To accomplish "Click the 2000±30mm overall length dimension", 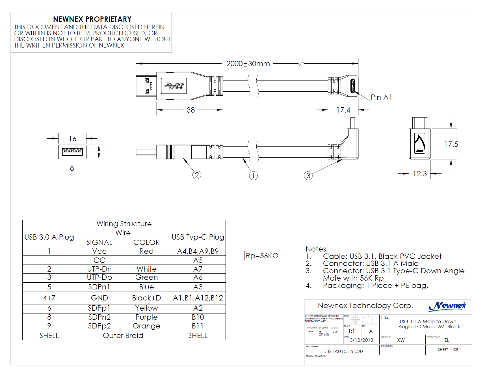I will click(248, 64).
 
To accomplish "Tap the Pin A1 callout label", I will click(381, 97).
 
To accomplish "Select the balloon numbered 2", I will click(197, 175).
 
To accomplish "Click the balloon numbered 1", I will click(253, 176).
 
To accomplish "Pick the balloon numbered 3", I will click(308, 176).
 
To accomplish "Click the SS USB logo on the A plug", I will click(174, 86).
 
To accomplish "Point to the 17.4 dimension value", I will click(343, 110).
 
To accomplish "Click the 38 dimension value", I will click(191, 110).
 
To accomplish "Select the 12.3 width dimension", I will click(420, 174).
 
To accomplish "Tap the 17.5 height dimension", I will click(451, 144).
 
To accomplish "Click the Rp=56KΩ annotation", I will click(262, 256).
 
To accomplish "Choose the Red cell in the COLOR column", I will click(146, 251).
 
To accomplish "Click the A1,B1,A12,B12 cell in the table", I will click(198, 298).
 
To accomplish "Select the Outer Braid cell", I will click(123, 336).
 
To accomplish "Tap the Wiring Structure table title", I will click(124, 224).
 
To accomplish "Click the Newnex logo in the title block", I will click(447, 306).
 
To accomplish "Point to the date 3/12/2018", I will click(361, 340).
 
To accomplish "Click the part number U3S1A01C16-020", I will click(343, 351).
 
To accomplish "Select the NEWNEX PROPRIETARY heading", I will click(92, 19).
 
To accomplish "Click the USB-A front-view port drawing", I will click(72, 152).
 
